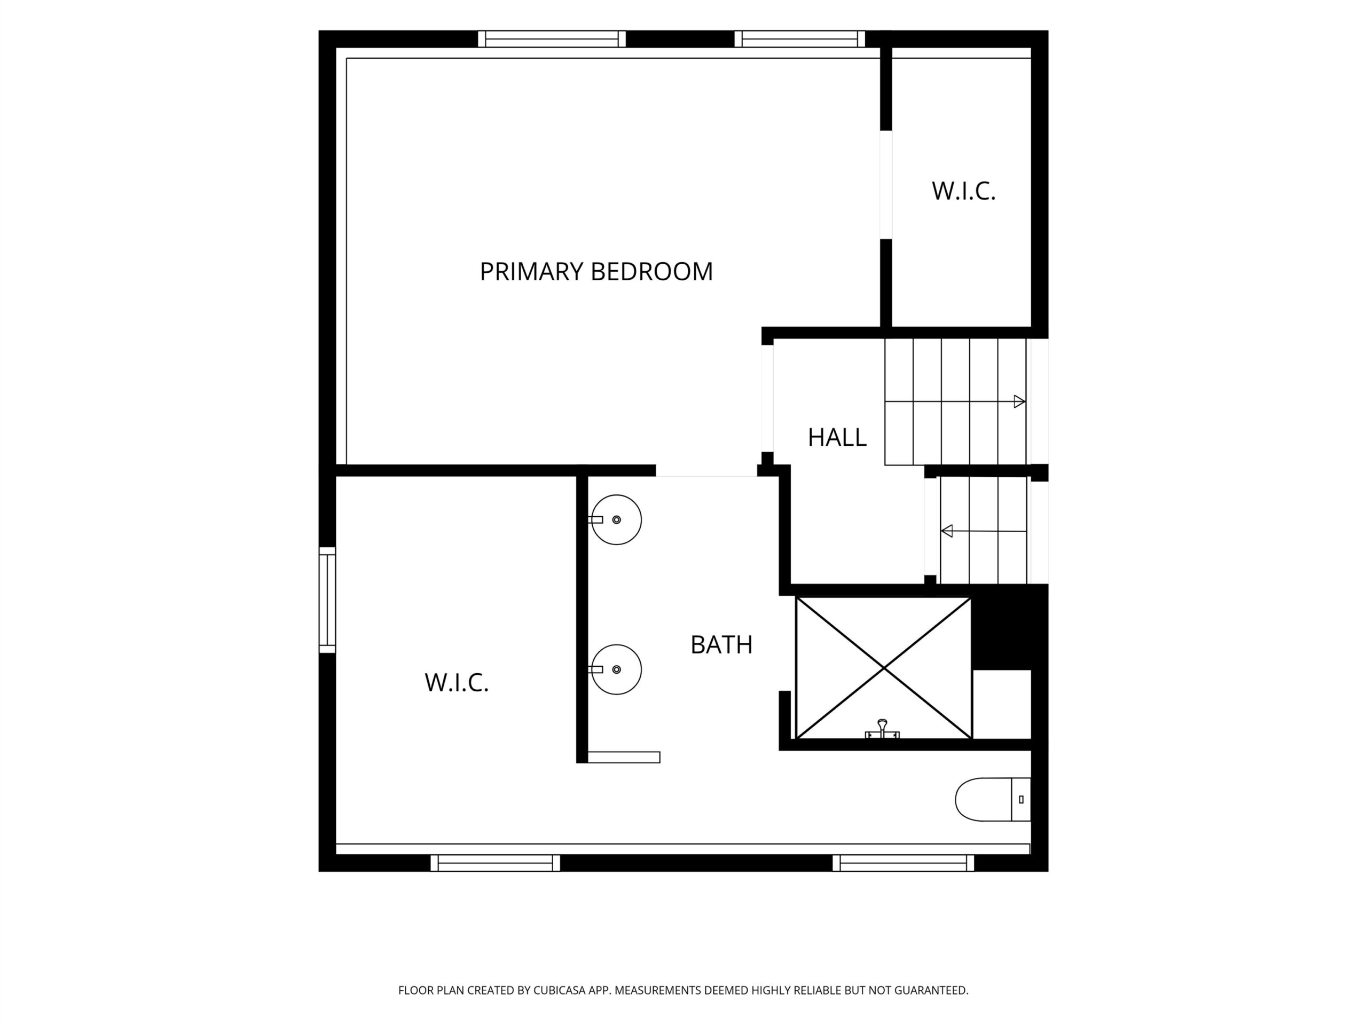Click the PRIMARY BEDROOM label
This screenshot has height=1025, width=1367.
point(596,272)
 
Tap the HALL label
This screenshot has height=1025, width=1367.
point(837,437)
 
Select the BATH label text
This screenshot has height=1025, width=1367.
point(721,645)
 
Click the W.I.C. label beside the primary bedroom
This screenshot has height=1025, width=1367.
point(963,192)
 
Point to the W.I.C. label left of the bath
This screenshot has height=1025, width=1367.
point(457,683)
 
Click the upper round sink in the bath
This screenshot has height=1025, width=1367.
point(616,519)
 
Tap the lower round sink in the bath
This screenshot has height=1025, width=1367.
point(616,670)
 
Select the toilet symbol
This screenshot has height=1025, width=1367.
point(993,800)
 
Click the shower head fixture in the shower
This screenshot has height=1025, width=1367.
point(882,730)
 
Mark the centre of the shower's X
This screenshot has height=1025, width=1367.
point(884,668)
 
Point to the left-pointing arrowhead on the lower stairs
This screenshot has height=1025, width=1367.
point(947,531)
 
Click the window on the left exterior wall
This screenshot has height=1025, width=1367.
point(327,600)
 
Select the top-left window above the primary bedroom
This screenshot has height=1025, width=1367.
point(552,39)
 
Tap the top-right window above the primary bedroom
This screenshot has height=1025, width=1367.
point(800,39)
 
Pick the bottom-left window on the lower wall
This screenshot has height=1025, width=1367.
point(495,863)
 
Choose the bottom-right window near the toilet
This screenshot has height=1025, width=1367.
point(904,863)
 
